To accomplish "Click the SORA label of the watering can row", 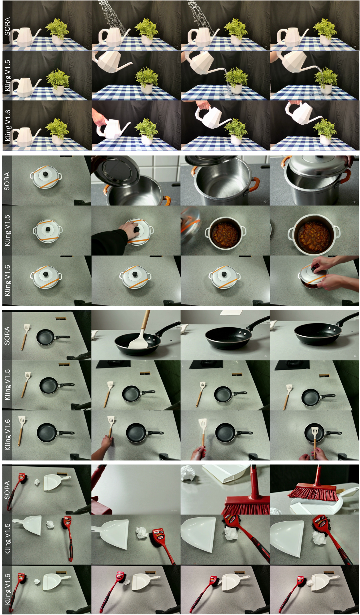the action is (x=7, y=26).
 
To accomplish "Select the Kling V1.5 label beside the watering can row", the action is (x=7, y=75).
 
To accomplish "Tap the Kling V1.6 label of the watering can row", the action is (x=7, y=125).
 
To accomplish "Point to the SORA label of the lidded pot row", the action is (x=7, y=181).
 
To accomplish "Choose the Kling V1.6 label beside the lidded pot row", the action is (x=7, y=280).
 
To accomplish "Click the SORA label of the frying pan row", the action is (x=7, y=335).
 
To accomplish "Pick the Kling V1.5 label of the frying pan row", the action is (x=7, y=385).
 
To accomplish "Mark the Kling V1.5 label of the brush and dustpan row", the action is (x=7, y=539).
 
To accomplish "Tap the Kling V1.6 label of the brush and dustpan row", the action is (x=7, y=589).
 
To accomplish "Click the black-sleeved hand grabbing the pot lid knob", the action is (x=111, y=238).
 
